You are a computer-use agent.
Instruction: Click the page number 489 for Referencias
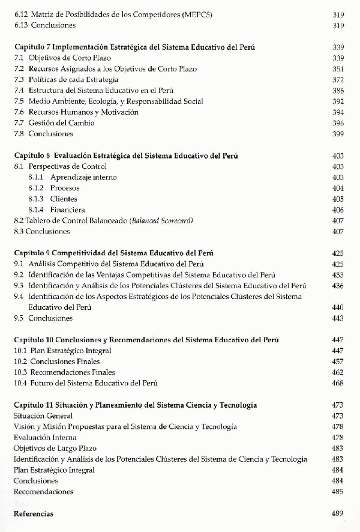337,514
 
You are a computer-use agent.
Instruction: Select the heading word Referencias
33,514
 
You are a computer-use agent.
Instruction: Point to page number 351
337,68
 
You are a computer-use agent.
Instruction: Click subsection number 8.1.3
36,199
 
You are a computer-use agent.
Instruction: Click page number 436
337,286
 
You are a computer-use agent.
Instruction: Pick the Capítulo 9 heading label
32,253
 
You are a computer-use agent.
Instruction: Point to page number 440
337,307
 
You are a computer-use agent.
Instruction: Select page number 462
337,372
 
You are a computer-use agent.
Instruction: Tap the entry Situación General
43,416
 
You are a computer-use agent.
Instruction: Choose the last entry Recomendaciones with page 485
43,492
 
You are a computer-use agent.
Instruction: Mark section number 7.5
19,101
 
